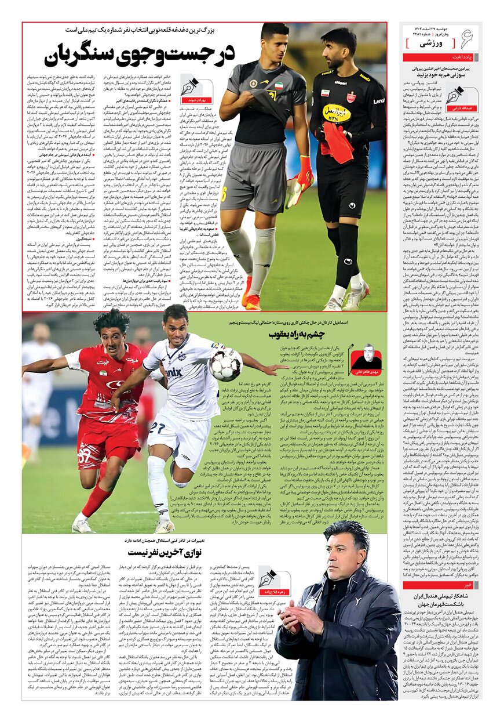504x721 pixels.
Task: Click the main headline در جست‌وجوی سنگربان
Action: [139, 55]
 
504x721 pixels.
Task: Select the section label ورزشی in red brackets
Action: [432, 44]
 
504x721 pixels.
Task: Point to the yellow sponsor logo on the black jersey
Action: [337, 113]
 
